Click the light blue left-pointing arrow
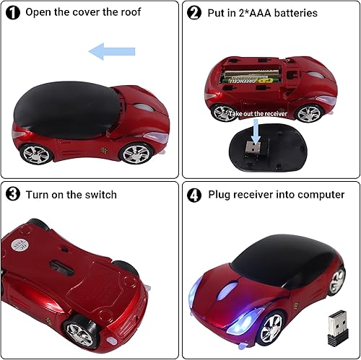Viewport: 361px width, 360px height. pos(111,51)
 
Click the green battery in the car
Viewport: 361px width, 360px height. pos(252,79)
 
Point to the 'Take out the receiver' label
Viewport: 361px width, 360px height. pos(258,113)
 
